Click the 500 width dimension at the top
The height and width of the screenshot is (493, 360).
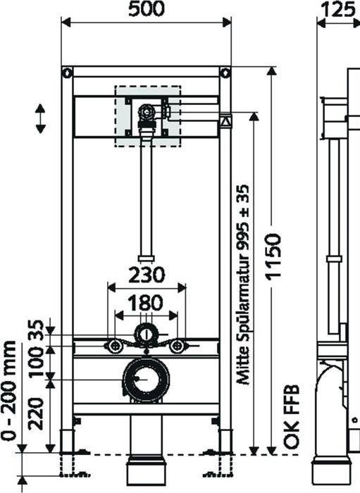point(146,9)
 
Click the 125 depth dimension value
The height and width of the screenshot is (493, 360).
point(337,9)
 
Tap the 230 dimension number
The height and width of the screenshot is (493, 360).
point(146,273)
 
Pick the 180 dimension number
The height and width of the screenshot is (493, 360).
point(145,304)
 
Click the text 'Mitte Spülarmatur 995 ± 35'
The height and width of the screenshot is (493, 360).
point(244,284)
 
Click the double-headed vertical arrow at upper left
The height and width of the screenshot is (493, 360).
point(40,118)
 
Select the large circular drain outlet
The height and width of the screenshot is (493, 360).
point(146,380)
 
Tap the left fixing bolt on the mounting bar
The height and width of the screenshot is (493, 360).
point(113,345)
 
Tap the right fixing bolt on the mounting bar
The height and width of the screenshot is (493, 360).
point(178,345)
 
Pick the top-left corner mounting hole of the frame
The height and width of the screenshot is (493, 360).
point(67,72)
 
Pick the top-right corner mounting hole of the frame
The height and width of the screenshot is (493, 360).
point(225,72)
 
